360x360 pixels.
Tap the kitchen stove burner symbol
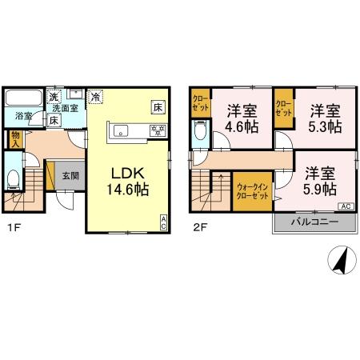158,130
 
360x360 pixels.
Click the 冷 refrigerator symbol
96,97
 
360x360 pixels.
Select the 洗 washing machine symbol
54,98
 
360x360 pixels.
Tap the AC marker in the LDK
164,223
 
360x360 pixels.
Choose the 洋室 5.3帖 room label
326,118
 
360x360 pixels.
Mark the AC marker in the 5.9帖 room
346,206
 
